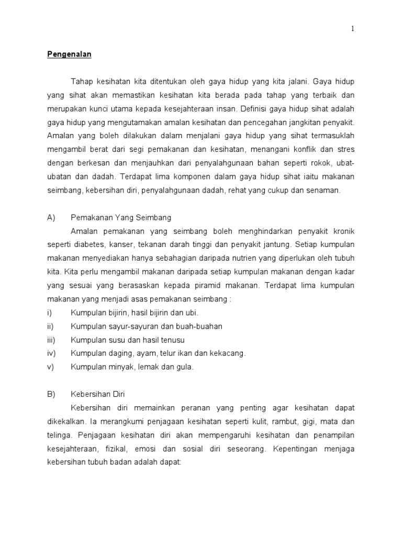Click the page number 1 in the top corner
pos(353,29)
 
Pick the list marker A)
pos(51,217)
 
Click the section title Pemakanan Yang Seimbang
pos(121,217)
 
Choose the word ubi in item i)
pos(192,312)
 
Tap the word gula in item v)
pos(184,367)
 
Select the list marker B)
pos(51,394)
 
